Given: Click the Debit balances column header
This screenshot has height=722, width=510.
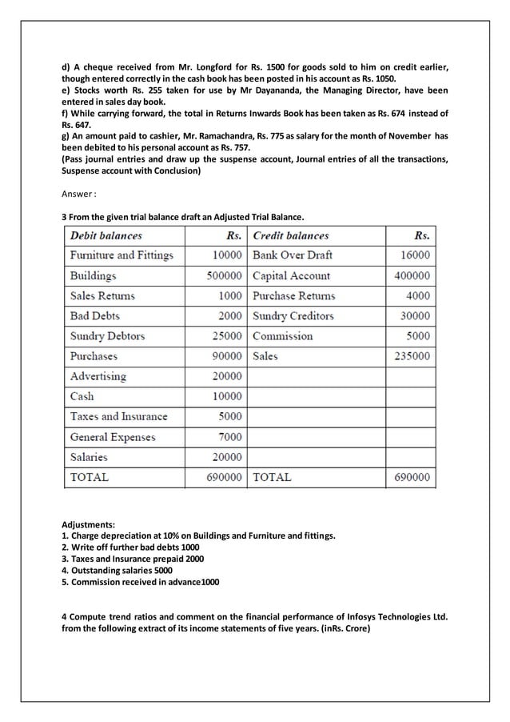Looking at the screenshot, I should coord(106,235).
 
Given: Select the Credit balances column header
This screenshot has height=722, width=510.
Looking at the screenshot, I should coord(290,235).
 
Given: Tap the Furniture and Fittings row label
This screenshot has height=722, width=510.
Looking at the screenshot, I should coord(122,255).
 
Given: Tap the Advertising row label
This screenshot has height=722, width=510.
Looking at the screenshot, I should coord(98,376).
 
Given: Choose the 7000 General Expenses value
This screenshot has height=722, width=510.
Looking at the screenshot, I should coord(229,437).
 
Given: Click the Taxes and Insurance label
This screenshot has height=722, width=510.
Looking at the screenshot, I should coord(119,416).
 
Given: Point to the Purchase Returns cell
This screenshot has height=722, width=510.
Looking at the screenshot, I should coord(294,295).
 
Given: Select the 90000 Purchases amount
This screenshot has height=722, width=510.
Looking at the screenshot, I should coord(226,356).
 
